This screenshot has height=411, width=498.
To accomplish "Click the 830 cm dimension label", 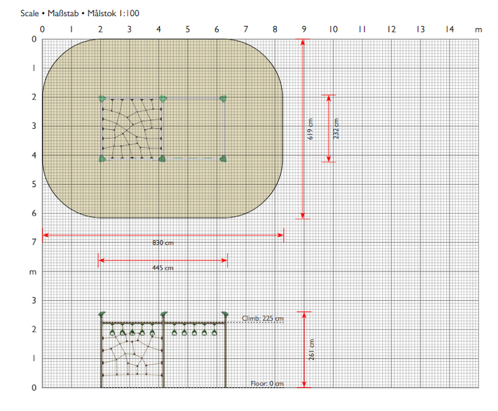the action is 163,243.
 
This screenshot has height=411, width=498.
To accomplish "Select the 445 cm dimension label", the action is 163,268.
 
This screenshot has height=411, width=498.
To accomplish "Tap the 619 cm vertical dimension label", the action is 310,129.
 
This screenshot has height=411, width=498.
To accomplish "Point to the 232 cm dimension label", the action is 336,129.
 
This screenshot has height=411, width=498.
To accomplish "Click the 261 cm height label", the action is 312,349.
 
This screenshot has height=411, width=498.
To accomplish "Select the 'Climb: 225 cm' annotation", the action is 263,318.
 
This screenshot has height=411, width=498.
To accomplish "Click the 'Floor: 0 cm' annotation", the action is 267,384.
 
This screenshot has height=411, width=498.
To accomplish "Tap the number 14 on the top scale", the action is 449,29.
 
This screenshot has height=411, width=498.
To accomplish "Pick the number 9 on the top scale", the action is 304,29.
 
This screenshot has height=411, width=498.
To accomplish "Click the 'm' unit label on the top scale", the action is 478,30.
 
